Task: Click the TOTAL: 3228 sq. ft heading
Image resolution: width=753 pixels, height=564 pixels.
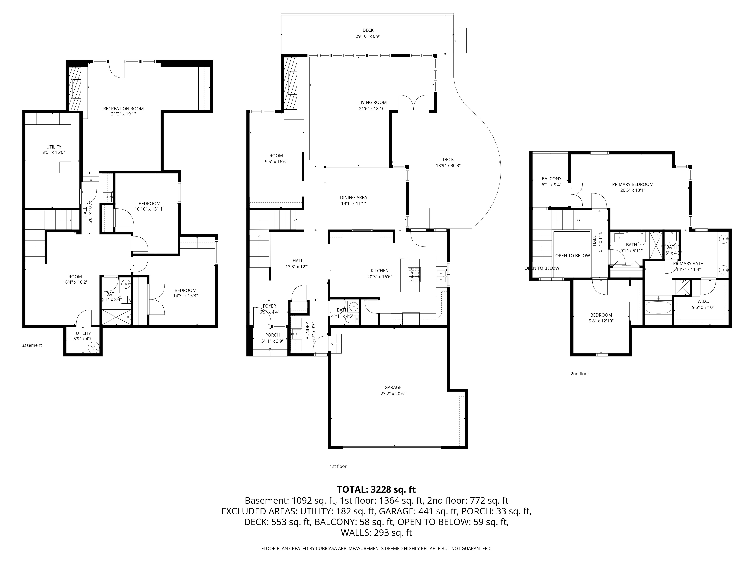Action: click(376, 490)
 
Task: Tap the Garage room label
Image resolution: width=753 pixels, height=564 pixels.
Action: click(393, 387)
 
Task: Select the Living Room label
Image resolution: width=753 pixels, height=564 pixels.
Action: click(372, 102)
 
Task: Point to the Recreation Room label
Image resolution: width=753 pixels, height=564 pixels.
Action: click(123, 108)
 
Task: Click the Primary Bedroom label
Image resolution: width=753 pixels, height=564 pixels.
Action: click(633, 184)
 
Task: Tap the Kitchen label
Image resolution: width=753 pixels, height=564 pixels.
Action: click(380, 271)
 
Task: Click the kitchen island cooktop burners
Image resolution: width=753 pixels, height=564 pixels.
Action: click(415, 275)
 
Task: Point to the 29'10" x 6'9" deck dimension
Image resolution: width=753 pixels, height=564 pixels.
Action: click(368, 36)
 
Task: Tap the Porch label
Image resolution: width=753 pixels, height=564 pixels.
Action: click(272, 335)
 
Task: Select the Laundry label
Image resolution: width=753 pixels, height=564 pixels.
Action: click(307, 331)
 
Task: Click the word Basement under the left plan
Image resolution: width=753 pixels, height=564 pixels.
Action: click(32, 345)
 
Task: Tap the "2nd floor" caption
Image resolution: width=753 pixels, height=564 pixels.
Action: click(580, 374)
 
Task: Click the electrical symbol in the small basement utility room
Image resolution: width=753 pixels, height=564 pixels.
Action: click(93, 347)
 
